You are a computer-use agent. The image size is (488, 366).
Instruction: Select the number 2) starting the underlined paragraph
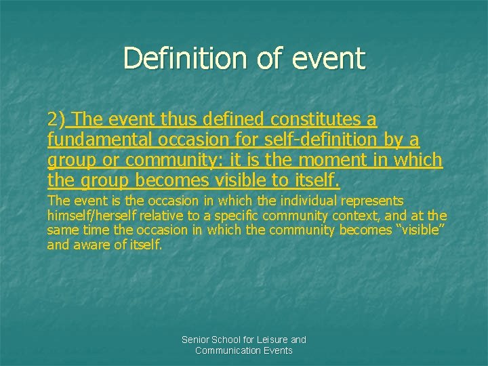(x=56, y=120)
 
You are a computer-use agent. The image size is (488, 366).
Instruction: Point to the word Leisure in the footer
(x=271, y=340)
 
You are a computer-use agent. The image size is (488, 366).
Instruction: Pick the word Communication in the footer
(x=228, y=350)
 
